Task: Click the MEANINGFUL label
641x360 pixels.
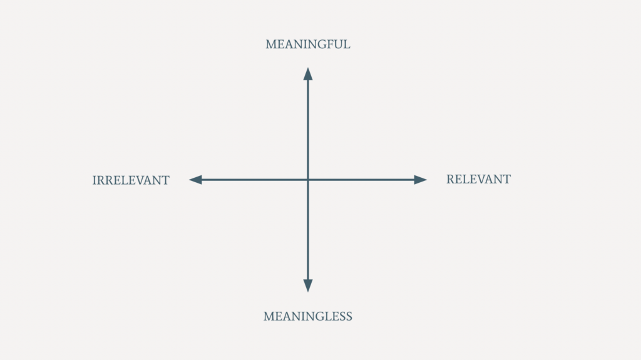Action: (x=308, y=44)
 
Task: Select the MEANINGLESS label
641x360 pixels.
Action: (x=308, y=316)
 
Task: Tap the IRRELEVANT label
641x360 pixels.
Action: (x=131, y=180)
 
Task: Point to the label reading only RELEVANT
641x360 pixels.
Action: (x=478, y=179)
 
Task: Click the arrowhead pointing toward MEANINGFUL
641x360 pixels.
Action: (x=308, y=74)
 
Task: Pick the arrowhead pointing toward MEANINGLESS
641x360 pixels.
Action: (x=308, y=285)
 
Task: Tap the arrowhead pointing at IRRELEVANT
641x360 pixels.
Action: (x=195, y=180)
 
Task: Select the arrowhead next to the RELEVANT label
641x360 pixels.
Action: (x=420, y=180)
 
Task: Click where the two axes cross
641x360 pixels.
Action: (x=308, y=180)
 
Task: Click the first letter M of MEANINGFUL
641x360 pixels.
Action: (x=270, y=44)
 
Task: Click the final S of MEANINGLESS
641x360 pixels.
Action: (x=349, y=316)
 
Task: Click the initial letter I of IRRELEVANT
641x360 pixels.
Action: (x=95, y=180)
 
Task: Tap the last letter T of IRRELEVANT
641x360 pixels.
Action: (x=165, y=180)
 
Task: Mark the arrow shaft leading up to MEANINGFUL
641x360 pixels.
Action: (x=308, y=129)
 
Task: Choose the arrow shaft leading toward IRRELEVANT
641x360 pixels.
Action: (x=254, y=180)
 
